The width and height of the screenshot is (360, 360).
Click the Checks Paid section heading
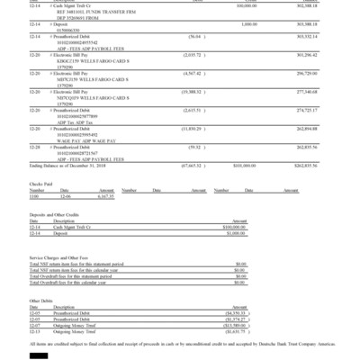point(42,183)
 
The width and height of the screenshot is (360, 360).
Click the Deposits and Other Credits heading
point(57,213)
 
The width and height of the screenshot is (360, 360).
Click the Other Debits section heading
point(41,300)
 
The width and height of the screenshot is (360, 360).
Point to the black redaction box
point(39,355)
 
